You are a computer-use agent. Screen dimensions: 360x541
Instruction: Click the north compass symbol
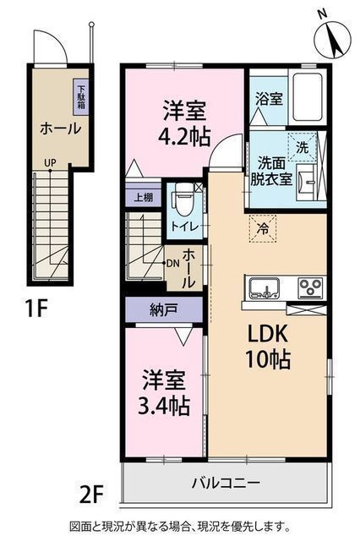pos(332,38)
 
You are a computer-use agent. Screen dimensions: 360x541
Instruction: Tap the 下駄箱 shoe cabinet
pos(80,97)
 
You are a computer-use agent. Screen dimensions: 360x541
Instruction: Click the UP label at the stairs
pos(50,162)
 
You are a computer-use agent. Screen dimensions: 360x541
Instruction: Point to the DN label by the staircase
pos(172,263)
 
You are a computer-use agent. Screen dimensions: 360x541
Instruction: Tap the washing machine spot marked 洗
pos(302,147)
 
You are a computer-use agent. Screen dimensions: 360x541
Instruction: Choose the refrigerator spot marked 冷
pos(263,228)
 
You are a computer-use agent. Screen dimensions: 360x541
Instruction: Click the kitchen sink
pos(265,288)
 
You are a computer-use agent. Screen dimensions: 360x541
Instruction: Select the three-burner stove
pos(311,288)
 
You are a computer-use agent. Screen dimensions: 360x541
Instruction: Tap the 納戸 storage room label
pos(164,310)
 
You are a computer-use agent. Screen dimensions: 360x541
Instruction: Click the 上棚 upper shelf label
pos(143,198)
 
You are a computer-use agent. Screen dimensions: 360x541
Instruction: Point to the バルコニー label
pos(226,483)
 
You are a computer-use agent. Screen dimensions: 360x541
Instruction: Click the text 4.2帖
pos(184,137)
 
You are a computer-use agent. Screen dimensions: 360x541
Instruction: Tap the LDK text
pos(266,334)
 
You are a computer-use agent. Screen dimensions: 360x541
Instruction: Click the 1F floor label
pos(35,308)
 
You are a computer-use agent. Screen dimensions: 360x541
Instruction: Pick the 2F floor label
pos(91,495)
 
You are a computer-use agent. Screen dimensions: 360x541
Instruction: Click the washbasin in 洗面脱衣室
pos(307,182)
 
